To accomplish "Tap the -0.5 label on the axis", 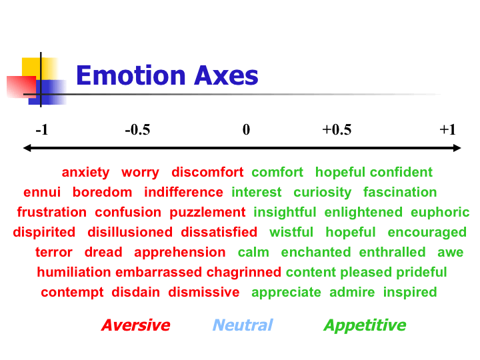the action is (x=137, y=129).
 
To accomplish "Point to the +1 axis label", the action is (x=447, y=129).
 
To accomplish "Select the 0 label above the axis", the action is (x=246, y=129).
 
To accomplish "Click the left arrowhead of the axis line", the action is (x=27, y=148).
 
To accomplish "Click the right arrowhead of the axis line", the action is (x=457, y=148).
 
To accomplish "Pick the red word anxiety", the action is (x=85, y=173).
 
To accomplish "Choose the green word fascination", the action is (x=400, y=192).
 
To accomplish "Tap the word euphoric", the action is (x=440, y=212).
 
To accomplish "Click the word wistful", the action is (x=291, y=232).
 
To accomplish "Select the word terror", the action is (x=54, y=252).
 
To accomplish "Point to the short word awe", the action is (x=450, y=253).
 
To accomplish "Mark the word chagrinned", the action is (x=244, y=272).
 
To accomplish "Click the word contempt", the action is (x=72, y=293).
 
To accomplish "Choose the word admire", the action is (x=352, y=293).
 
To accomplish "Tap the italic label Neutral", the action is (x=243, y=325).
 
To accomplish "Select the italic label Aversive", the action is (x=135, y=325).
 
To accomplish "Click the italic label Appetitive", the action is (x=365, y=325).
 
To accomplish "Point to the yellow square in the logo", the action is (x=39, y=69).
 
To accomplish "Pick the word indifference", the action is (x=184, y=192).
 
